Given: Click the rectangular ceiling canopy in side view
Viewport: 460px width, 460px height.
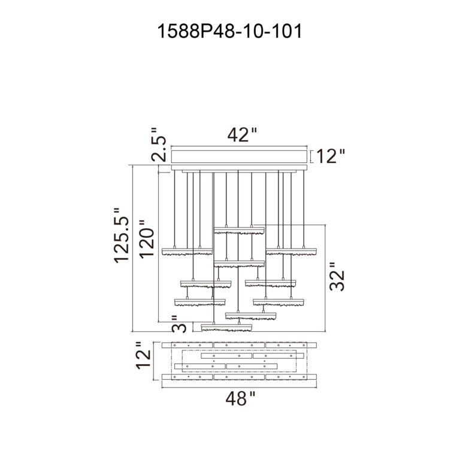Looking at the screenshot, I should (240, 157).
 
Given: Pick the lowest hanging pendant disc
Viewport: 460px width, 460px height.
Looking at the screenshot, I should (226, 326).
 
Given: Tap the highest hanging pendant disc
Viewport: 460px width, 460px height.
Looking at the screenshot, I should (239, 231).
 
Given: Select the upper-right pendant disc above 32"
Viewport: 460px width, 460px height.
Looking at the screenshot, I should (290, 250).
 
